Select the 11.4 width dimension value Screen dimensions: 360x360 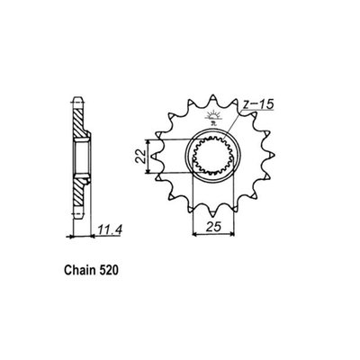tap(109, 229)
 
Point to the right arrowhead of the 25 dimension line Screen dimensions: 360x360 tap(235, 237)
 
